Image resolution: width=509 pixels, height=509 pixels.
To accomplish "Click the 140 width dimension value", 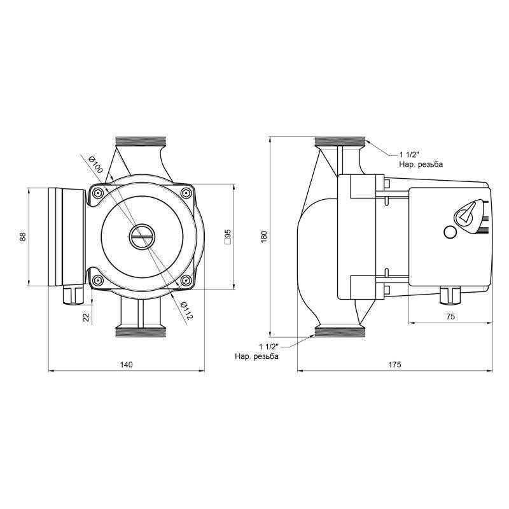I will [126, 365].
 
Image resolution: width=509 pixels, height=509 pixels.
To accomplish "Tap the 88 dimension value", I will [23, 236].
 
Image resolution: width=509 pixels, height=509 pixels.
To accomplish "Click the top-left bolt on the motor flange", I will [97, 193].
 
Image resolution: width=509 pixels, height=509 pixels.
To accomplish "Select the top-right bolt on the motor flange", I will [186, 193].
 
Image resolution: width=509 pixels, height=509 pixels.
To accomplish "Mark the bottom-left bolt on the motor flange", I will [97, 281].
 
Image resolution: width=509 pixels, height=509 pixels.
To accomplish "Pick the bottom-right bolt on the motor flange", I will [186, 281].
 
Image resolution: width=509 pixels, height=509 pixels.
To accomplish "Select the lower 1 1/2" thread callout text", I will [257, 351].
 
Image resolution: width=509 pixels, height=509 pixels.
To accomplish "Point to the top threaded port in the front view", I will [141, 141].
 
